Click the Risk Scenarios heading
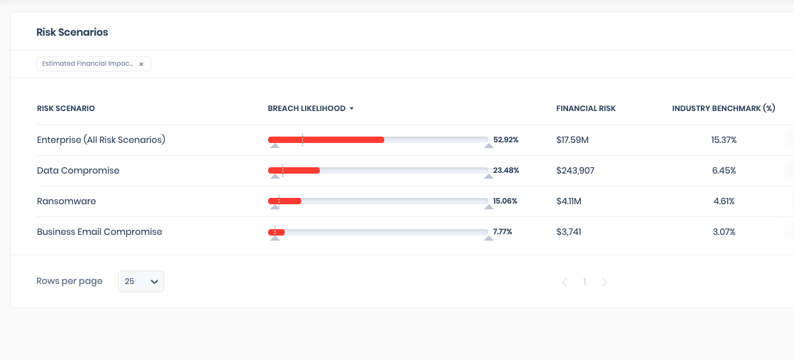click(72, 33)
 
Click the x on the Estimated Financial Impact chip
click(141, 64)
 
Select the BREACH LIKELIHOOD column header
click(306, 109)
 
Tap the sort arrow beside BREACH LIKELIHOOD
click(352, 109)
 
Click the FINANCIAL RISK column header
click(585, 109)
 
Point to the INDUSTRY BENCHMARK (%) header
click(723, 109)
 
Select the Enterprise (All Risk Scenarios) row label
click(101, 140)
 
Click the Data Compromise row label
click(78, 170)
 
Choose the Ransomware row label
click(66, 201)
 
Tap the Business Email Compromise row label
click(100, 232)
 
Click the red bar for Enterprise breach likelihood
click(326, 140)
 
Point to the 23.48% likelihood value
click(506, 170)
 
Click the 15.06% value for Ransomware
click(505, 201)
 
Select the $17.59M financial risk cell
click(573, 140)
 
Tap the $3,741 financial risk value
click(569, 232)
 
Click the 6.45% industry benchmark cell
click(724, 170)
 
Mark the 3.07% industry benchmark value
click(724, 232)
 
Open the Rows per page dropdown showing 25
click(141, 281)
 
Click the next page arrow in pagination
click(604, 281)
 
